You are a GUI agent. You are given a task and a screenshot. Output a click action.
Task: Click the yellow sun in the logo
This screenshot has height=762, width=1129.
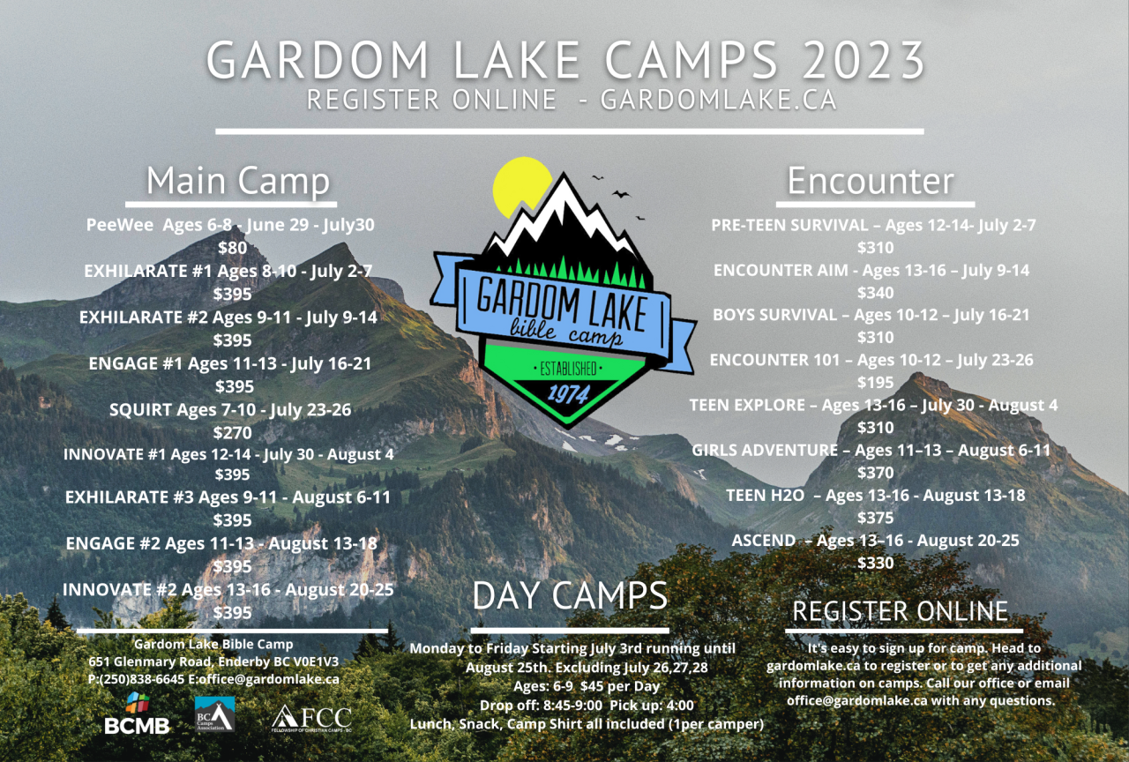(520, 186)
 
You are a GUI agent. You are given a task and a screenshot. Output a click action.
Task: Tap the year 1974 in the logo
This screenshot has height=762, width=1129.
(568, 394)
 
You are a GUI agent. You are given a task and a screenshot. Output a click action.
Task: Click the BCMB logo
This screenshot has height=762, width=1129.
(137, 713)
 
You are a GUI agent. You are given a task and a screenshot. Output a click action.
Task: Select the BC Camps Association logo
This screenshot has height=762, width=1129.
(214, 713)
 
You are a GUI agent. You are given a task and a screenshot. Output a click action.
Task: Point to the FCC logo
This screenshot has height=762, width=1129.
(311, 718)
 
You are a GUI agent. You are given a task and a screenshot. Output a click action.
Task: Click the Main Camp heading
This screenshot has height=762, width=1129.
(238, 181)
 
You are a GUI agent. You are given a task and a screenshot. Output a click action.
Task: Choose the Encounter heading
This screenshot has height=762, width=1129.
(871, 181)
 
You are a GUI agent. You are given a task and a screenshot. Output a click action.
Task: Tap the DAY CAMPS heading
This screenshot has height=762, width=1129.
(570, 595)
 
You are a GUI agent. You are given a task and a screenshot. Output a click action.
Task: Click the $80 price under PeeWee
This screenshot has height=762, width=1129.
(232, 248)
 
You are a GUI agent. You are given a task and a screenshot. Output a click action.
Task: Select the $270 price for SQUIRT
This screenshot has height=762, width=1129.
(232, 433)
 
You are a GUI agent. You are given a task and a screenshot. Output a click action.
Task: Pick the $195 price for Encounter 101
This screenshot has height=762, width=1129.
(876, 383)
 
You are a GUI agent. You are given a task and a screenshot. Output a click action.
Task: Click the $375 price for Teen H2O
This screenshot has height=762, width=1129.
(876, 518)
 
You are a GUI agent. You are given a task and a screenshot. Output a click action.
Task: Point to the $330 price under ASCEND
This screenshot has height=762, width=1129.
(876, 563)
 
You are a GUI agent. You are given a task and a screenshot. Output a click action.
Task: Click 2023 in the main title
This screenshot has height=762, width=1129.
(864, 60)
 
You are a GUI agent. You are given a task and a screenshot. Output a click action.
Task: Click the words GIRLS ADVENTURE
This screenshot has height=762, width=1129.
(765, 450)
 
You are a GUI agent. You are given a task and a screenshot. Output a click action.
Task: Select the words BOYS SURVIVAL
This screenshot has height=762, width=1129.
(774, 315)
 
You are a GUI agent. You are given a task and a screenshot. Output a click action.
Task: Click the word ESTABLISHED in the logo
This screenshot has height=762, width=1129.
(568, 370)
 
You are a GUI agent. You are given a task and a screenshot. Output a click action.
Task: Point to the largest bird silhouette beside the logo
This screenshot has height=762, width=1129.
(621, 194)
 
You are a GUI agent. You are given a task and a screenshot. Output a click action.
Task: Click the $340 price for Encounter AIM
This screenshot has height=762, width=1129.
(876, 293)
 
